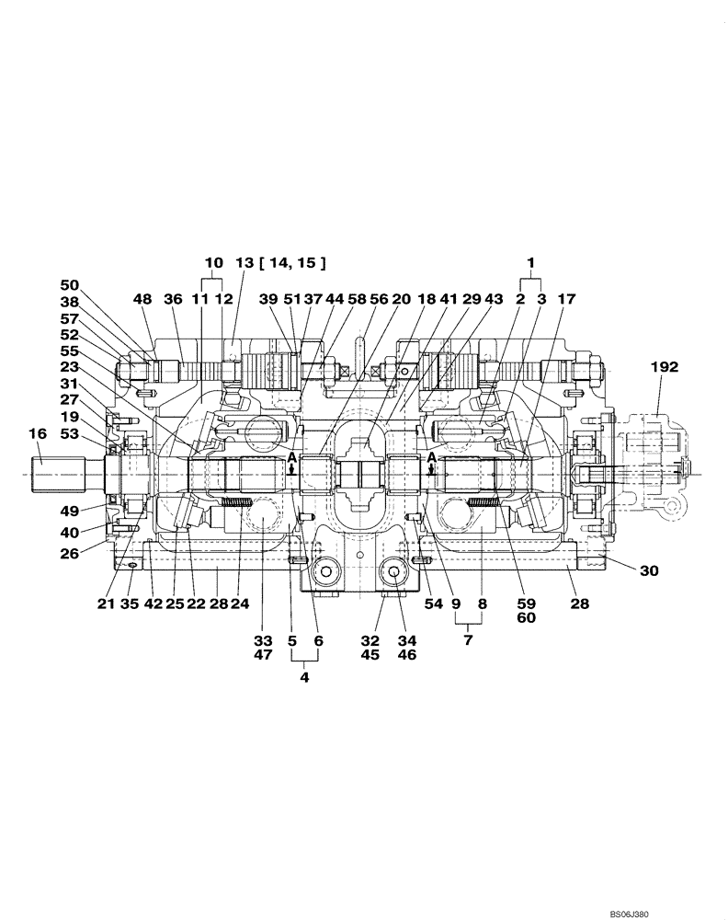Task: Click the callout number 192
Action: click(x=665, y=366)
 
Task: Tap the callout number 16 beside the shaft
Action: click(x=37, y=432)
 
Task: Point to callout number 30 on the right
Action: click(x=649, y=571)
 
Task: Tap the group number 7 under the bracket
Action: click(x=468, y=639)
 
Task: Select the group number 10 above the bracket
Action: click(x=212, y=262)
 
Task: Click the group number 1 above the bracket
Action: click(x=530, y=262)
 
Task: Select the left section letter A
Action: click(x=291, y=457)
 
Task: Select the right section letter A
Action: click(x=431, y=457)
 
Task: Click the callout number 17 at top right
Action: click(x=566, y=299)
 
